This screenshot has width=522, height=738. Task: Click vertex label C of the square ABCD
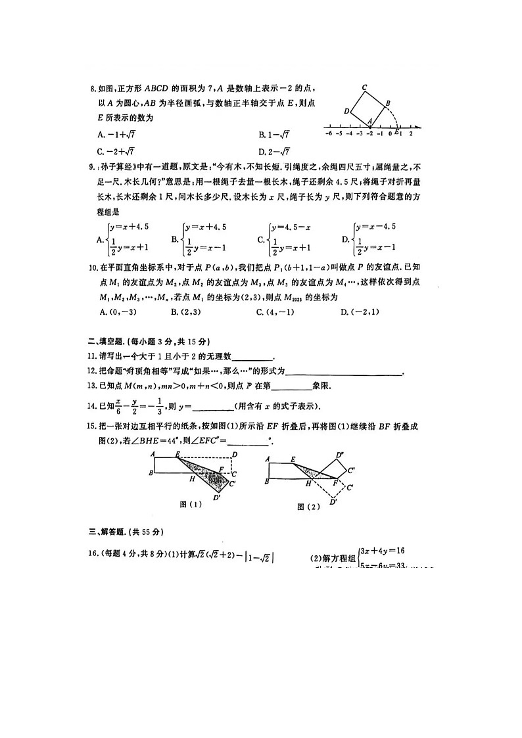pyautogui.click(x=364, y=87)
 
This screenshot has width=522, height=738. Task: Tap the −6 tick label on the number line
pyautogui.click(x=328, y=133)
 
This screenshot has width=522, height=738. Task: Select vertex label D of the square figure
pyautogui.click(x=346, y=111)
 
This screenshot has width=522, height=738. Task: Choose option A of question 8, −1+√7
pyautogui.click(x=116, y=134)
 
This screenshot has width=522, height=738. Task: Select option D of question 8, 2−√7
pyautogui.click(x=275, y=151)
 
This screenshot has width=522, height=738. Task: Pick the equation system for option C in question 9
pyautogui.click(x=287, y=237)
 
